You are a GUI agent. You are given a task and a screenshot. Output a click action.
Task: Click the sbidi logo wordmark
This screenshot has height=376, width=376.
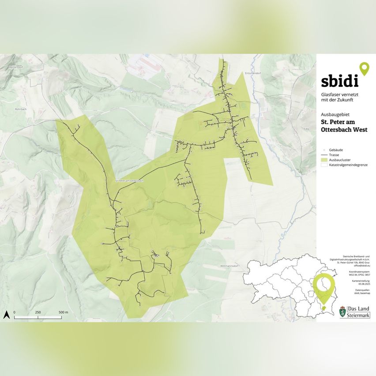point(339,81)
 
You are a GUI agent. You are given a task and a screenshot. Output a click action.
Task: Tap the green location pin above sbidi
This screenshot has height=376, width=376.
point(364,69)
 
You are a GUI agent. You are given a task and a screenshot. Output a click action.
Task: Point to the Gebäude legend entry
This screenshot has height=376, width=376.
point(335,150)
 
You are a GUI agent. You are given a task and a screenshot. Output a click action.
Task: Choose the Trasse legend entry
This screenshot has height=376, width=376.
point(335,155)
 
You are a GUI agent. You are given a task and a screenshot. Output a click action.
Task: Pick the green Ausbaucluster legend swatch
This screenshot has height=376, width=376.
point(324,160)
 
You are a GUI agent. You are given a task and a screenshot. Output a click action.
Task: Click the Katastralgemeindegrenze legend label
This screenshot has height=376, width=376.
point(348,165)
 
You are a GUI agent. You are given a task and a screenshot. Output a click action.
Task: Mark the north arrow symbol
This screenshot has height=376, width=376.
point(7,314)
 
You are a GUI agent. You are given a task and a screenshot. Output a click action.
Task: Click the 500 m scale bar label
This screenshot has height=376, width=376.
point(64,312)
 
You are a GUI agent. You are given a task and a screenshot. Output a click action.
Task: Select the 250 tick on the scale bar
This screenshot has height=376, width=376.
point(38,312)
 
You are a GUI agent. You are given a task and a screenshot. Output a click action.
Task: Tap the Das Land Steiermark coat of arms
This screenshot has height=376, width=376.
point(342,311)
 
